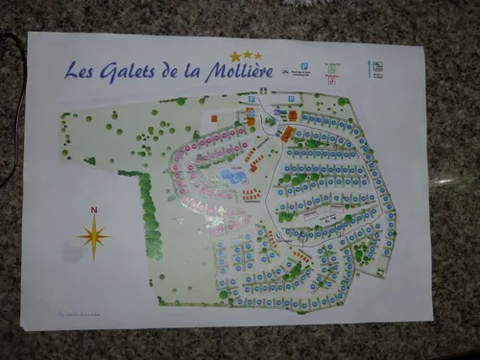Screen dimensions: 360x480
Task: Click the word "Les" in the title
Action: [80, 70]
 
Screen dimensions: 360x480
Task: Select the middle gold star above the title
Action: [246, 56]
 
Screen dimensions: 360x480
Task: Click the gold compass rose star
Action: [93, 234]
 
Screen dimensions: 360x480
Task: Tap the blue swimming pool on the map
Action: [233, 176]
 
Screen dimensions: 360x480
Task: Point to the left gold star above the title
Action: [234, 58]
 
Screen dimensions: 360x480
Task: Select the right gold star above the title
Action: [257, 56]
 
